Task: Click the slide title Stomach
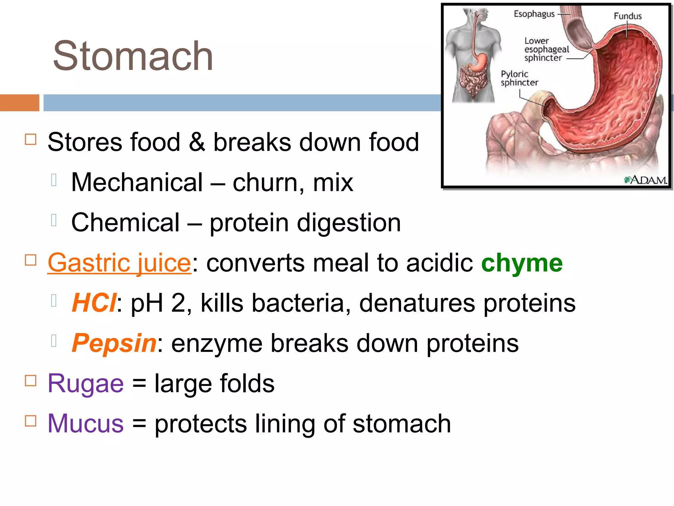click(133, 56)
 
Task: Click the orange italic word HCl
click(94, 303)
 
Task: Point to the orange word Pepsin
click(114, 343)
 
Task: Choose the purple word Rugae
click(86, 383)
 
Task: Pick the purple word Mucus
click(86, 424)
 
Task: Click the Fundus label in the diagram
click(628, 16)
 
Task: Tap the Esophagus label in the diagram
click(534, 14)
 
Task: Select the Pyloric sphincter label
click(519, 78)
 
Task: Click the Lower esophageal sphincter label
click(546, 49)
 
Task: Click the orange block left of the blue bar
click(19, 103)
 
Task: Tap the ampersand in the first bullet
click(197, 142)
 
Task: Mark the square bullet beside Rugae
click(31, 381)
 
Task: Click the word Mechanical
click(137, 183)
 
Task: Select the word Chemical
click(125, 223)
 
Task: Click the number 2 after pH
click(178, 303)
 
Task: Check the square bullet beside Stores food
click(31, 139)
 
